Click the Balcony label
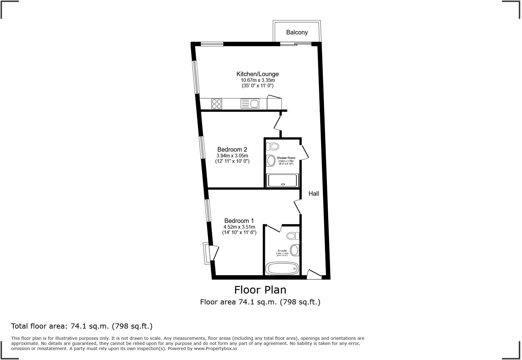click(297, 32)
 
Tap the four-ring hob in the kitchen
click(217, 104)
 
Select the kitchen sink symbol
click(250, 104)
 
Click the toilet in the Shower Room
click(273, 146)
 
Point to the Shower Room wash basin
click(271, 161)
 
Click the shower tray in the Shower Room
click(282, 180)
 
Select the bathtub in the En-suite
click(282, 268)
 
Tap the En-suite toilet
click(293, 236)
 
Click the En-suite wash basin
click(294, 250)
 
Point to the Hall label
click(314, 194)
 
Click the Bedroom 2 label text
click(232, 149)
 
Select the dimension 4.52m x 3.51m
click(239, 227)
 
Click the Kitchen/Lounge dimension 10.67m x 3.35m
click(257, 80)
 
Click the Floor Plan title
click(260, 290)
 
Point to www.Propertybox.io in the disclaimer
click(215, 349)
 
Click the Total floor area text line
click(82, 326)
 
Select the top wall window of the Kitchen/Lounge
click(212, 44)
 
